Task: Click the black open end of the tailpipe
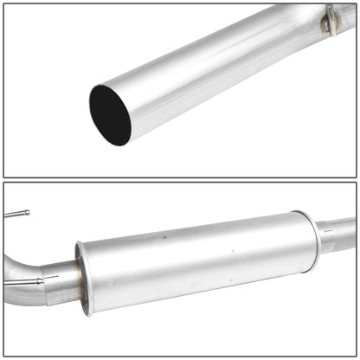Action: point(109,114)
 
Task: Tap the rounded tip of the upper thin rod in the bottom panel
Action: point(27,212)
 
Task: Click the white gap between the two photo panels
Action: point(180,180)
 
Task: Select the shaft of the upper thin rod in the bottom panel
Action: point(13,214)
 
